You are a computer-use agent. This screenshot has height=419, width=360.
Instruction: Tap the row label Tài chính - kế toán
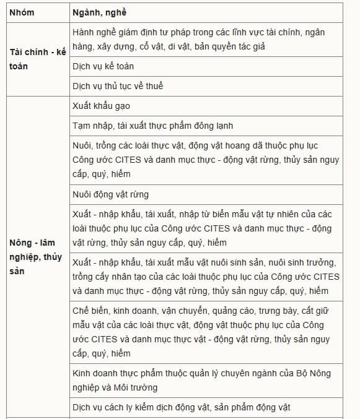(37, 59)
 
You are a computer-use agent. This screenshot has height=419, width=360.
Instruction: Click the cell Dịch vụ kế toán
(103, 66)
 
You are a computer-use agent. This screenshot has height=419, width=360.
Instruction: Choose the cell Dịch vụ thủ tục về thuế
(118, 86)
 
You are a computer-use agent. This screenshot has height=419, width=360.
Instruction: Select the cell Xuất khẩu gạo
(101, 106)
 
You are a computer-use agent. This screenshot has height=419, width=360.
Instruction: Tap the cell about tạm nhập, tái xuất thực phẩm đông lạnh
(152, 126)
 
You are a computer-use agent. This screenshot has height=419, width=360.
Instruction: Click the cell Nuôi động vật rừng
(110, 194)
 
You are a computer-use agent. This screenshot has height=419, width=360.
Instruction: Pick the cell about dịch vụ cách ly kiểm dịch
(181, 407)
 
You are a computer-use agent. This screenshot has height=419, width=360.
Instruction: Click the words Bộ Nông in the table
(323, 373)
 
